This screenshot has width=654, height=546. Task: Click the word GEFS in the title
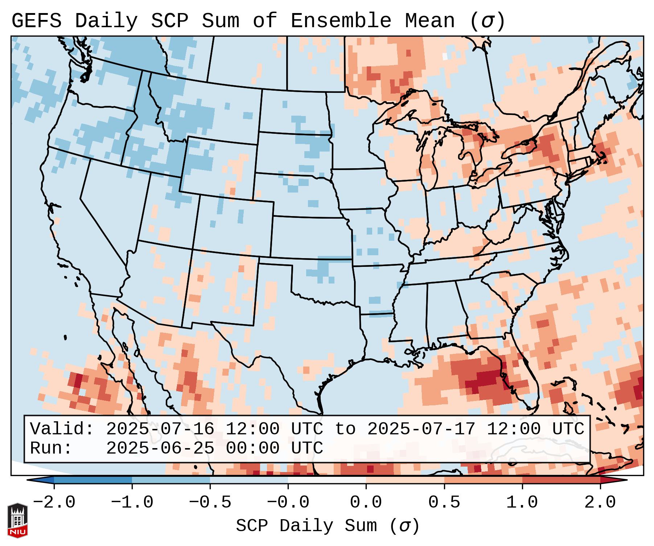(36, 21)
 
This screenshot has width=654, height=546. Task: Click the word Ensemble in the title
(341, 21)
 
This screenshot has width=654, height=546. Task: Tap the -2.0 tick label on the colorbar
(54, 502)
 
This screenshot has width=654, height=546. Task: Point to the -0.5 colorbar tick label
(210, 502)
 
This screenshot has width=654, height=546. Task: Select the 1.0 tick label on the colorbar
(522, 502)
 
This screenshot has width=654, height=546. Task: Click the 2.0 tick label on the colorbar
(600, 502)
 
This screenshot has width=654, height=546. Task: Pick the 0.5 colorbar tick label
(444, 502)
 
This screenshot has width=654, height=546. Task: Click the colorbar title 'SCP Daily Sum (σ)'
(328, 526)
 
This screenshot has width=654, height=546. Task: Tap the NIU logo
(17, 520)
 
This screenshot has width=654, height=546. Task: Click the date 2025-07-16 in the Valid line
(160, 429)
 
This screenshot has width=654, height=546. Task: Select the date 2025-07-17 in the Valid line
(421, 429)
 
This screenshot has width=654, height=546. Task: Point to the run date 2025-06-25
(160, 448)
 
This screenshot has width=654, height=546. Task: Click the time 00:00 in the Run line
(253, 448)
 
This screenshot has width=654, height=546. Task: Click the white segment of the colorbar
(327, 480)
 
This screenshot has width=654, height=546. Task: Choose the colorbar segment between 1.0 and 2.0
(561, 480)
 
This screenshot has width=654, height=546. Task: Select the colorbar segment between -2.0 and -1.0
(93, 480)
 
